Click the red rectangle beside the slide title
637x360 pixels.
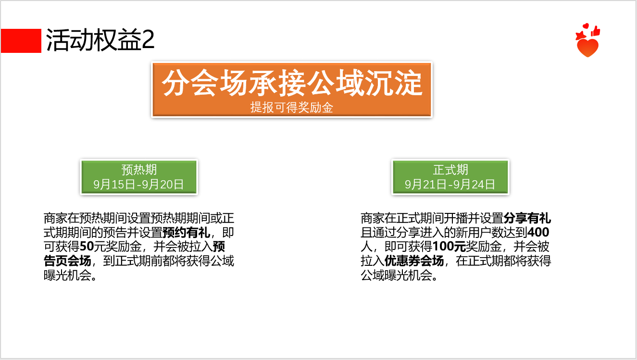point(21,41)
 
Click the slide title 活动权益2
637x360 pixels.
point(100,40)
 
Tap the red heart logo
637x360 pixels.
point(587,48)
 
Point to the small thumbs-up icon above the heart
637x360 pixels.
point(596,31)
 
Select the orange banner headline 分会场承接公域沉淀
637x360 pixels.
point(292,83)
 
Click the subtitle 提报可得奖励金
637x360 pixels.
point(292,108)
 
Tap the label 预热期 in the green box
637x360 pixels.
point(139,170)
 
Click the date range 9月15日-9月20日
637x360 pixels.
point(139,185)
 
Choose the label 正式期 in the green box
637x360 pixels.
point(450,170)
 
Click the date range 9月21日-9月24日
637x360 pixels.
point(450,185)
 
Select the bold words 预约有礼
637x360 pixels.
point(186,233)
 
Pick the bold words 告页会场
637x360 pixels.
point(67,261)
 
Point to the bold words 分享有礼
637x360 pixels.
point(527,218)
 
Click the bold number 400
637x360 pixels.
point(538,233)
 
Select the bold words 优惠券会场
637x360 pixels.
point(414,261)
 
